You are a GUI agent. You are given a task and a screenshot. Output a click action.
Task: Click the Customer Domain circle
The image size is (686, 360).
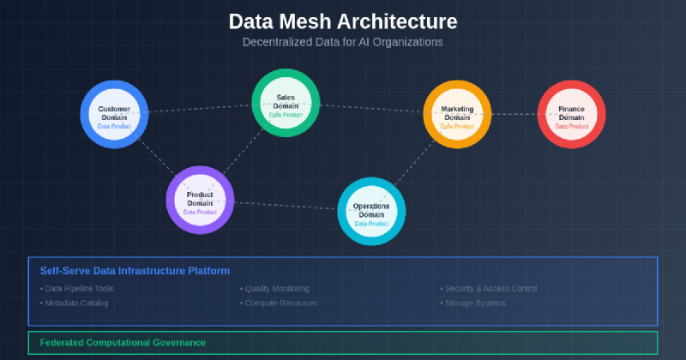114,114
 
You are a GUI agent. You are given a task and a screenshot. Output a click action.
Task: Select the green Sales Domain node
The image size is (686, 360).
286,102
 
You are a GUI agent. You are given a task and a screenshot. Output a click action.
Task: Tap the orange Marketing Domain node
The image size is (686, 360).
457,114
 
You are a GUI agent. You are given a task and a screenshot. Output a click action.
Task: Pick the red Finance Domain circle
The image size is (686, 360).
571,114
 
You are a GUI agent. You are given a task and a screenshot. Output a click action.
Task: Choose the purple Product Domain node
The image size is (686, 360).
200,200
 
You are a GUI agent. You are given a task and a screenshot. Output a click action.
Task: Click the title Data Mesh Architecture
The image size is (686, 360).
343,21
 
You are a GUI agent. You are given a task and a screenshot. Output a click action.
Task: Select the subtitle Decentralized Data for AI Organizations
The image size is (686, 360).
343,40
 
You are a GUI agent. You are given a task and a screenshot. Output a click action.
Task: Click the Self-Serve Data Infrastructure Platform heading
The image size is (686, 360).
135,271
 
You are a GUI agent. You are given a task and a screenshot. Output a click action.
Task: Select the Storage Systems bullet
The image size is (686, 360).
475,303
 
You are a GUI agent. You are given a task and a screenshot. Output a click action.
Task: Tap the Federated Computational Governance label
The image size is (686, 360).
123,342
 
